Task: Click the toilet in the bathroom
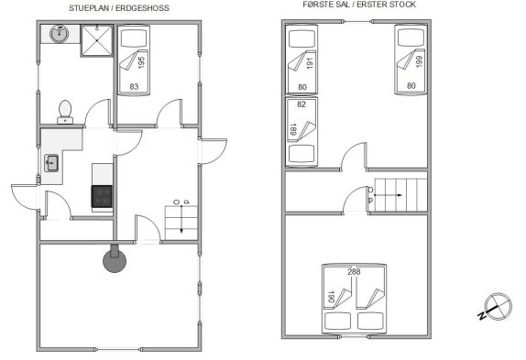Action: tap(65, 112)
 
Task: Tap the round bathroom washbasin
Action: tap(60, 34)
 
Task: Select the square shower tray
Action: tap(96, 40)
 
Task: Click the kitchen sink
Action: tap(51, 163)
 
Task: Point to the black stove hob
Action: tap(102, 196)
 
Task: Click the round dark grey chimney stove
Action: tap(115, 260)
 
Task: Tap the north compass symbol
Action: tap(496, 307)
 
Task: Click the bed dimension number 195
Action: tap(141, 62)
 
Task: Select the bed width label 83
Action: tap(134, 87)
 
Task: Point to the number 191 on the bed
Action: tap(310, 63)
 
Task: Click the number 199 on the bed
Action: tap(419, 61)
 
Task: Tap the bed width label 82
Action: tap(301, 104)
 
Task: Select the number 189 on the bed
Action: tap(292, 130)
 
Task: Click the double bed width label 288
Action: tap(354, 271)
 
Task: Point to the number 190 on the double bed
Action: tap(331, 297)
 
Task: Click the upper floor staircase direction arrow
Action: tap(388, 195)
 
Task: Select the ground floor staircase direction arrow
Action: tap(181, 219)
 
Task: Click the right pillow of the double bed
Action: tap(370, 321)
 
